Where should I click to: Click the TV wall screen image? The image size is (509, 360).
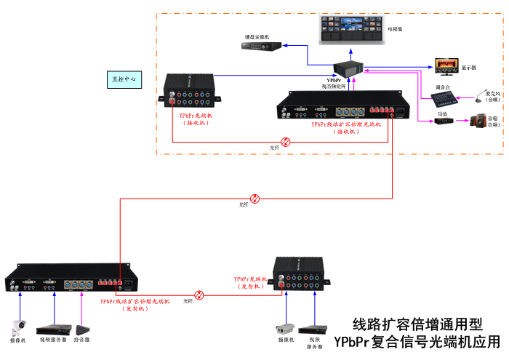(x=351, y=30)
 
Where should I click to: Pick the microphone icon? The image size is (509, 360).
(x=481, y=95)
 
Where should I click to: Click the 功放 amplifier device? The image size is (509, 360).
(x=442, y=120)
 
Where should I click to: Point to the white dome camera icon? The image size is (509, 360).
(x=17, y=326)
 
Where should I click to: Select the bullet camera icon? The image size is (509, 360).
(x=284, y=327)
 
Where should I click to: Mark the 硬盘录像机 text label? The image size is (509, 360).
(x=257, y=36)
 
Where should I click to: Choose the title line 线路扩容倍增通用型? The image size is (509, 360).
(x=417, y=324)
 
